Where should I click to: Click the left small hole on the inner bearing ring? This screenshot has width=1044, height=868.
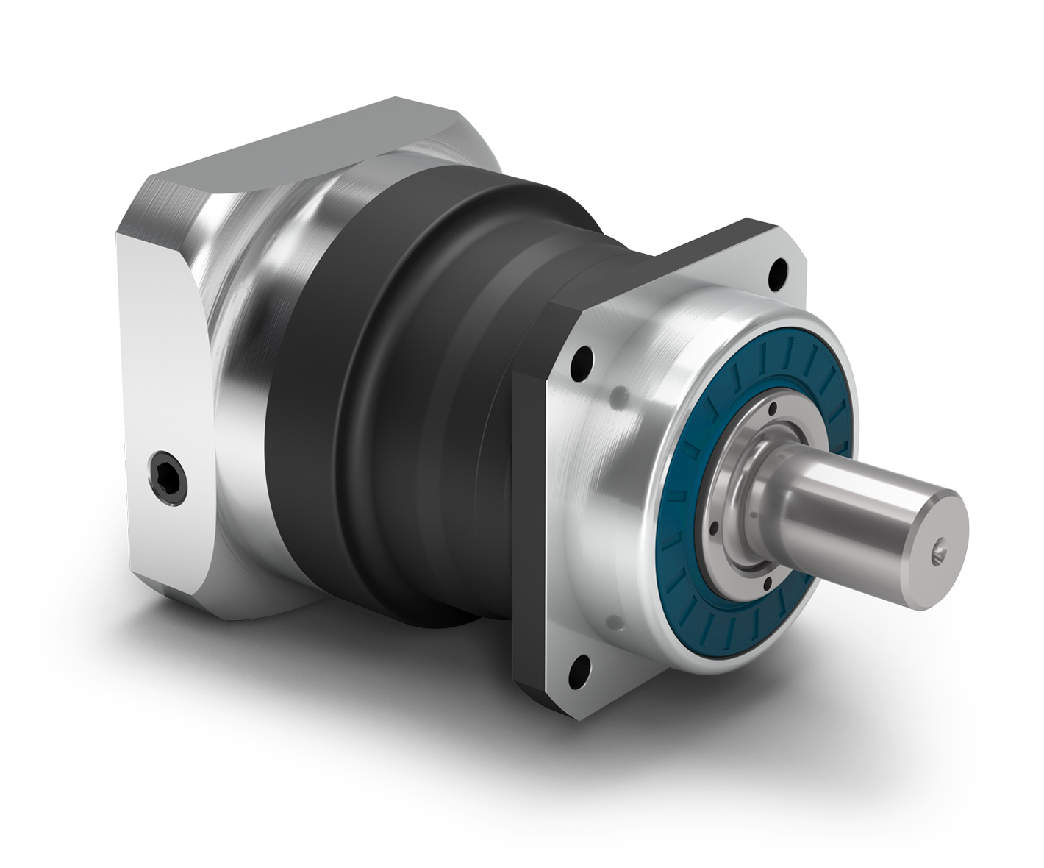pos(712,526)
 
